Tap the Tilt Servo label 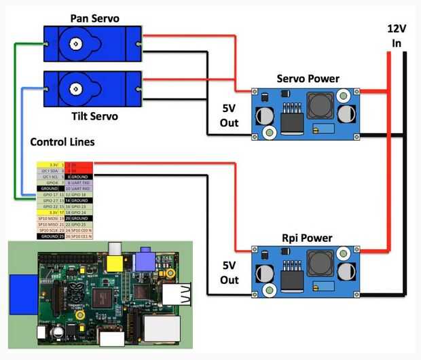click(94, 116)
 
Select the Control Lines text click(62, 143)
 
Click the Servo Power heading click(308, 79)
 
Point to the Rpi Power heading click(307, 238)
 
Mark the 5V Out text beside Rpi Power click(229, 272)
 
